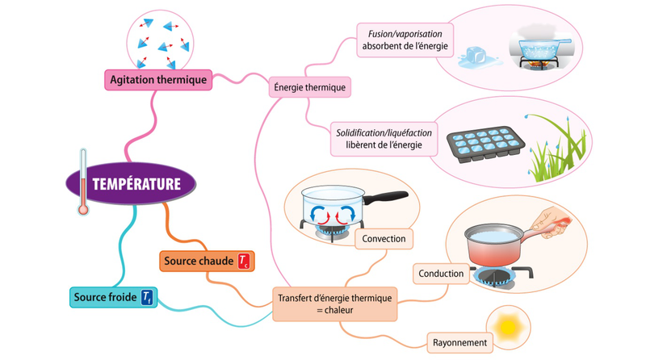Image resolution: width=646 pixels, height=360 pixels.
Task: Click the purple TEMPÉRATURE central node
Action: coord(136,183)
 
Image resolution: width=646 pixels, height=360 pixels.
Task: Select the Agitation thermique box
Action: coord(157,79)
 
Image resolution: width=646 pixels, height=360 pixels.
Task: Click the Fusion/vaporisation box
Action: coord(405,40)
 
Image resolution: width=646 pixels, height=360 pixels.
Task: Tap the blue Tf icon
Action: coord(147,298)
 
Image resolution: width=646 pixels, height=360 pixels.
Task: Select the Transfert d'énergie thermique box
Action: coord(335,303)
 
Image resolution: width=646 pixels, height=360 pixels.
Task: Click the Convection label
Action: coord(384,239)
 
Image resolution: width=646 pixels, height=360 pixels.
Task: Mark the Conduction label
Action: coord(441,274)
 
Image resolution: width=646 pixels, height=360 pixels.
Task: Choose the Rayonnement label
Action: coord(459,343)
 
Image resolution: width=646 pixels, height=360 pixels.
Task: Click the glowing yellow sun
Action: coord(510,327)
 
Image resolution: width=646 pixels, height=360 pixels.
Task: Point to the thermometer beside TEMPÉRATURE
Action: coord(82,182)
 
